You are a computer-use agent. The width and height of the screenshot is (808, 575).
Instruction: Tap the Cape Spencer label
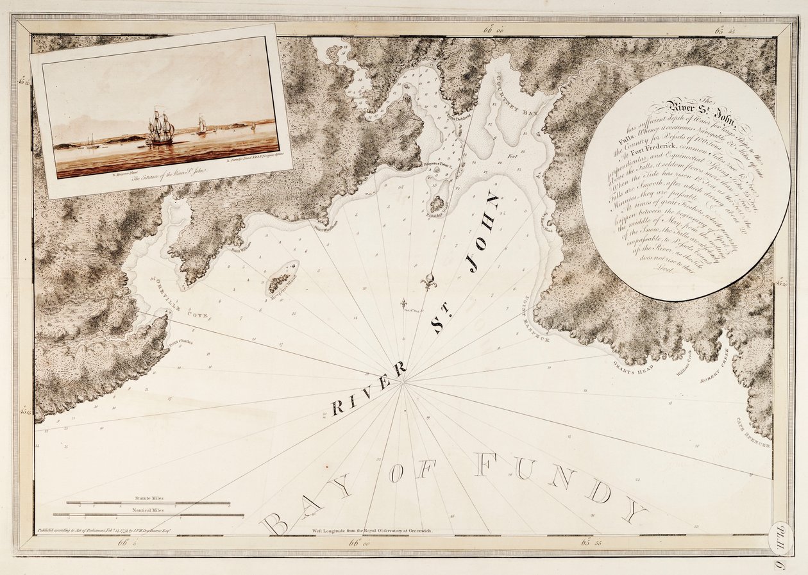click(x=758, y=433)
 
